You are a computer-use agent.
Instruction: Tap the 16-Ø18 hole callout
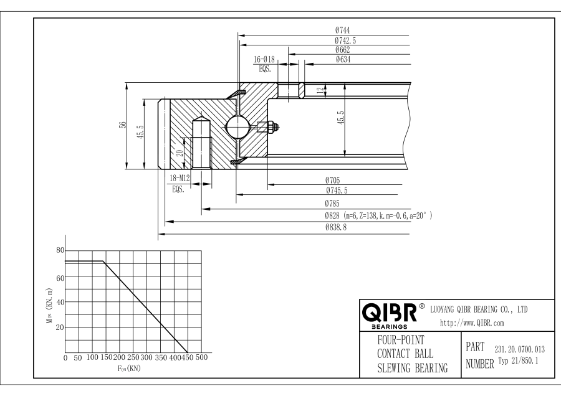265,60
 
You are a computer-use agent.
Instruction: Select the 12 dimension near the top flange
320,90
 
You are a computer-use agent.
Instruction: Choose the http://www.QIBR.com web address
472,323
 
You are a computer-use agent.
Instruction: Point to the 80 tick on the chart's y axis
60,250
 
